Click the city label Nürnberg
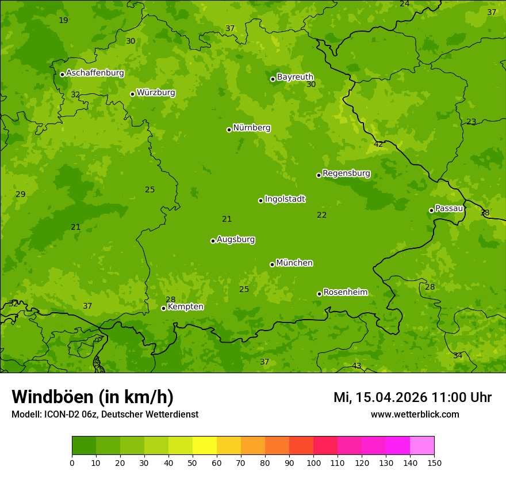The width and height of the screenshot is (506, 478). click(x=251, y=128)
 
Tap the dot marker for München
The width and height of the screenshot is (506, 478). click(x=272, y=264)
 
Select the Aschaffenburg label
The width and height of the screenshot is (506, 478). click(x=95, y=73)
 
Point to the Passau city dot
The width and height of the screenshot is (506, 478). click(x=431, y=210)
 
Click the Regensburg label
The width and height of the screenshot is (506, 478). click(x=346, y=173)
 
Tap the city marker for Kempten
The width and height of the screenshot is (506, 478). click(x=163, y=308)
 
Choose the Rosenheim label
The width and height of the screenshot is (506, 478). click(x=345, y=293)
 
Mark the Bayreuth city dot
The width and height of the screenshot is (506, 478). click(x=273, y=79)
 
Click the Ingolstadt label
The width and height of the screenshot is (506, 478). click(x=285, y=199)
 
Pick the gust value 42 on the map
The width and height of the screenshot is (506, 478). click(x=378, y=145)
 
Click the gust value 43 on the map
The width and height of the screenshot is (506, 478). click(x=356, y=366)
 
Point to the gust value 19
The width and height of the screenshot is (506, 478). click(x=63, y=21)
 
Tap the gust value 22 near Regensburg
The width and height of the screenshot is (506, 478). click(x=321, y=215)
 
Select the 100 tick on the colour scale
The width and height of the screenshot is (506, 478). click(x=313, y=462)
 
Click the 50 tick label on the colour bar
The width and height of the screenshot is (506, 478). click(x=193, y=462)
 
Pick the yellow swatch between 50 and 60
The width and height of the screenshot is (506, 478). click(x=205, y=445)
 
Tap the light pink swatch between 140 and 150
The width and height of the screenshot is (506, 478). click(x=422, y=445)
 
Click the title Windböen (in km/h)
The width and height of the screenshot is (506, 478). click(x=93, y=397)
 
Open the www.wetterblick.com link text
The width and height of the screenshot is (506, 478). click(x=415, y=414)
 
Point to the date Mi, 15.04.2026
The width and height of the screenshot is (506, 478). click(x=380, y=397)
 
